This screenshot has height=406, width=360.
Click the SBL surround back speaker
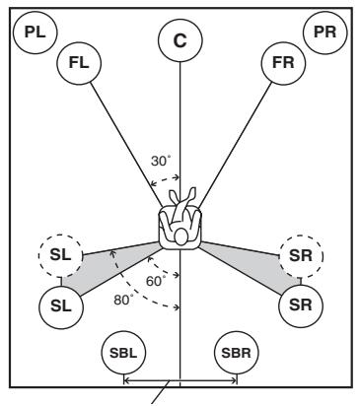pyautogui.click(x=123, y=353)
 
